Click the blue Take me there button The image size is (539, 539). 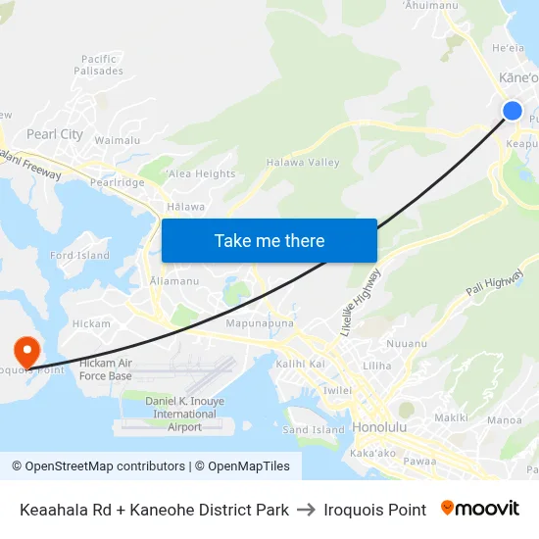tap(269, 240)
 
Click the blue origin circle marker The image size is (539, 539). tap(512, 111)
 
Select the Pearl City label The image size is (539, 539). tap(55, 134)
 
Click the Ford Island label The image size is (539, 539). tap(79, 256)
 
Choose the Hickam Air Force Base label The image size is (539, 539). tap(105, 369)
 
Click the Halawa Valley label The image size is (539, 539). tap(303, 163)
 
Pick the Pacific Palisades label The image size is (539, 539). tap(101, 65)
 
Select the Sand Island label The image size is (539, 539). tap(314, 429)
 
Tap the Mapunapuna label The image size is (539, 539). tap(260, 322)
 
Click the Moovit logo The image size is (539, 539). tap(479, 509)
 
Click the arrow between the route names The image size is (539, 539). tap(306, 510)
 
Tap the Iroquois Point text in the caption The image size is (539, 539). tap(374, 510)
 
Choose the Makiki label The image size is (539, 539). tap(451, 417)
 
